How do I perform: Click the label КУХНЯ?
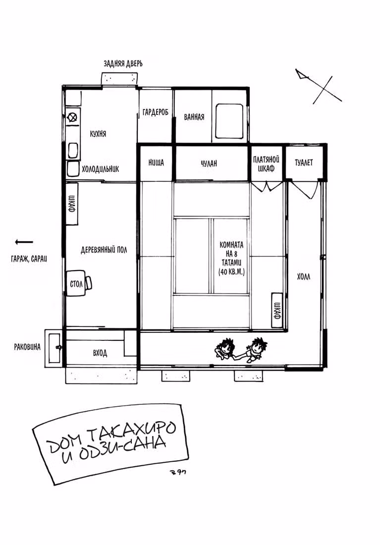click(98, 134)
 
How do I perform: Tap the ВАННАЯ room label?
click(194, 117)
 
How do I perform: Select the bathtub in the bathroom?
click(229, 120)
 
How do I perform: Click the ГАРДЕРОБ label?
click(155, 112)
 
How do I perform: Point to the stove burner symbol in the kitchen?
click(73, 117)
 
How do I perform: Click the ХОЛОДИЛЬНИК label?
click(101, 169)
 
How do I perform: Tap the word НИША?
click(156, 163)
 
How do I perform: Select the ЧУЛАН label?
click(209, 163)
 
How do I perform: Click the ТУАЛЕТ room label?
click(304, 163)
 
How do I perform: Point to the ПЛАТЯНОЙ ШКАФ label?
click(267, 163)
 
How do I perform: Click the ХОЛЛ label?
click(304, 276)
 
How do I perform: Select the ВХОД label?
click(100, 353)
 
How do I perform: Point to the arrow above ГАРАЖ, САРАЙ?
click(24, 242)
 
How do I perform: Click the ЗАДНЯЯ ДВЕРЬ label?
click(123, 63)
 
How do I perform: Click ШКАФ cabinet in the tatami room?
click(277, 310)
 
